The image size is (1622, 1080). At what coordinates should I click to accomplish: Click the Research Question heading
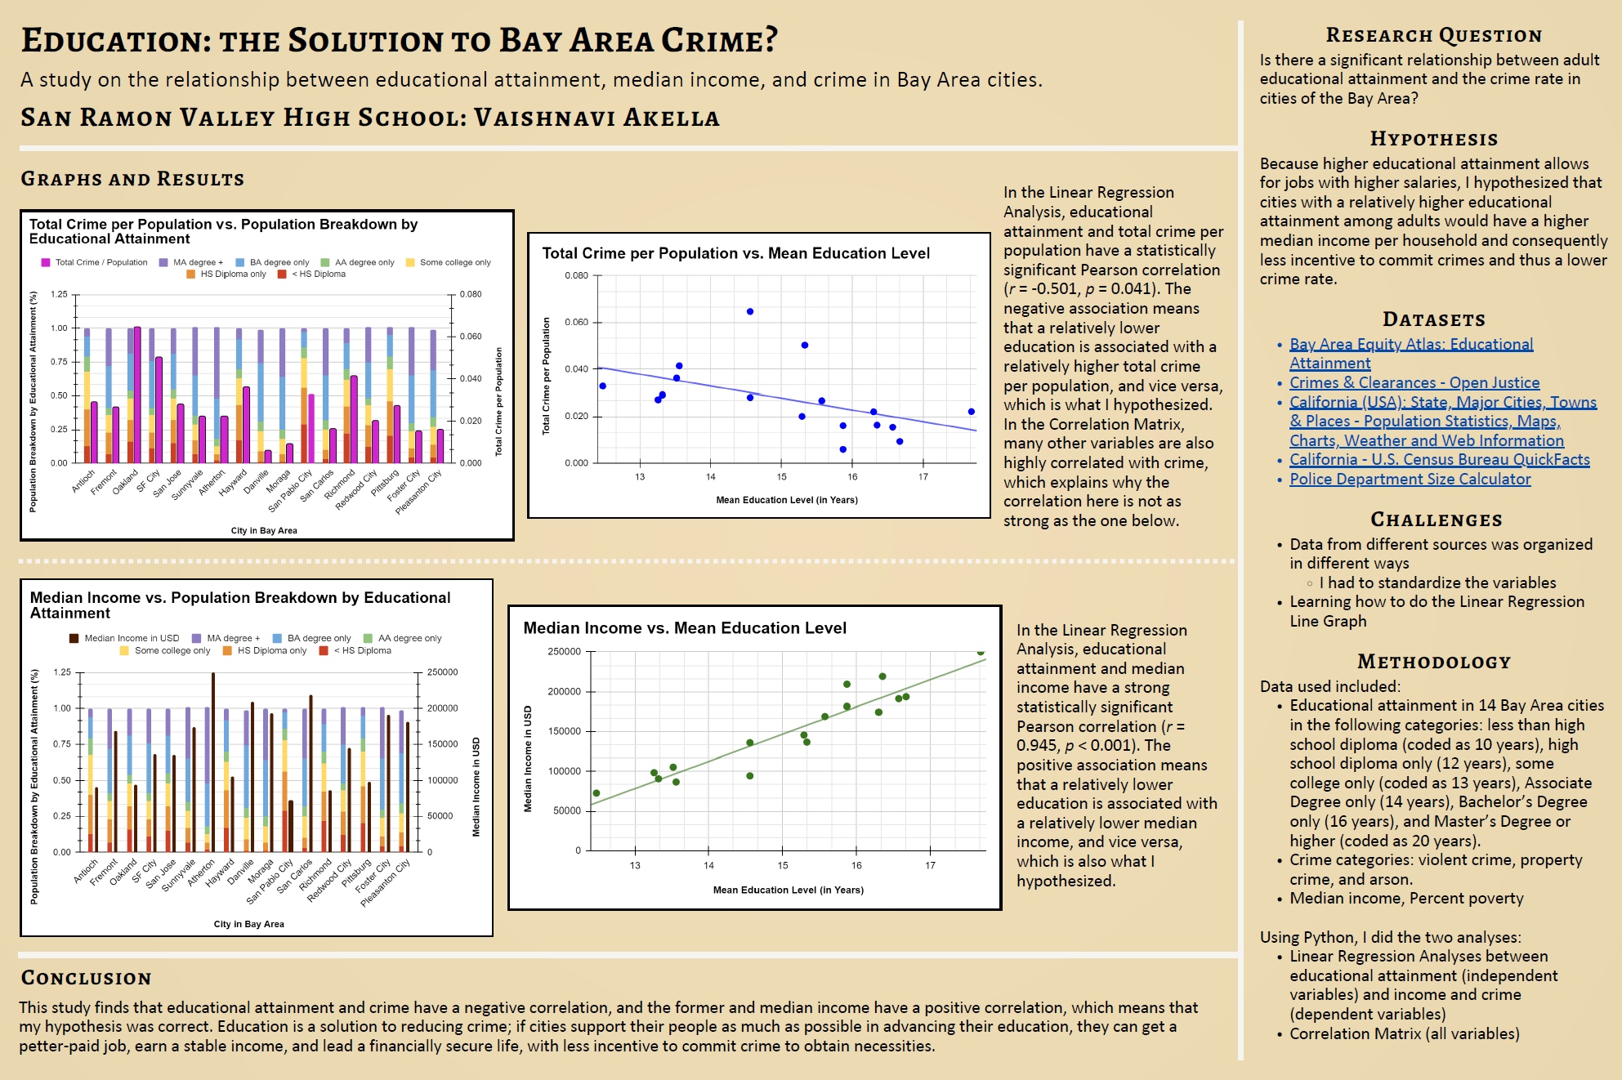pyautogui.click(x=1434, y=35)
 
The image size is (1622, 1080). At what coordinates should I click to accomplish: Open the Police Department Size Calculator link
pyautogui.click(x=1410, y=480)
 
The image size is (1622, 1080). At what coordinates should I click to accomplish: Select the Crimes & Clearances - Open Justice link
pyautogui.click(x=1414, y=383)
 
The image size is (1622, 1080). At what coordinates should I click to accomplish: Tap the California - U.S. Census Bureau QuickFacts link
pyautogui.click(x=1440, y=460)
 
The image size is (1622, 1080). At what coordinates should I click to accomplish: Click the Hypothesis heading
pyautogui.click(x=1434, y=139)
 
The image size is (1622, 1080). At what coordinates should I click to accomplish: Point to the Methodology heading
pyautogui.click(x=1434, y=662)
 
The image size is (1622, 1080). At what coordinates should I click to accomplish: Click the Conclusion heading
pyautogui.click(x=86, y=978)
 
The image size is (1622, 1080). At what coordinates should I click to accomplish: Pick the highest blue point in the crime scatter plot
pyautogui.click(x=750, y=311)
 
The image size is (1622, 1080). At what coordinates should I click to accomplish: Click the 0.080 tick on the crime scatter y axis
pyautogui.click(x=577, y=275)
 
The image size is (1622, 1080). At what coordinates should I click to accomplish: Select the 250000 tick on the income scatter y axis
pyautogui.click(x=564, y=651)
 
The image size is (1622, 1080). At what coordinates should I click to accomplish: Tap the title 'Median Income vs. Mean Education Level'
pyautogui.click(x=685, y=627)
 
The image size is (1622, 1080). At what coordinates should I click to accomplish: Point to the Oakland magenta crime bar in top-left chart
pyautogui.click(x=137, y=395)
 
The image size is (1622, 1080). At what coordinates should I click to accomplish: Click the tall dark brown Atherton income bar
pyautogui.click(x=213, y=762)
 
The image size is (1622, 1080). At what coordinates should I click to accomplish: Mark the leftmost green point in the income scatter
pyautogui.click(x=597, y=793)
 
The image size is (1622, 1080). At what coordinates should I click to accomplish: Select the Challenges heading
pyautogui.click(x=1437, y=520)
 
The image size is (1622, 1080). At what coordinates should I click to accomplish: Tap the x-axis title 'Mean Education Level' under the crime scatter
pyautogui.click(x=787, y=500)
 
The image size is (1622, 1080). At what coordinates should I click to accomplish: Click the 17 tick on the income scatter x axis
pyautogui.click(x=930, y=865)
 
